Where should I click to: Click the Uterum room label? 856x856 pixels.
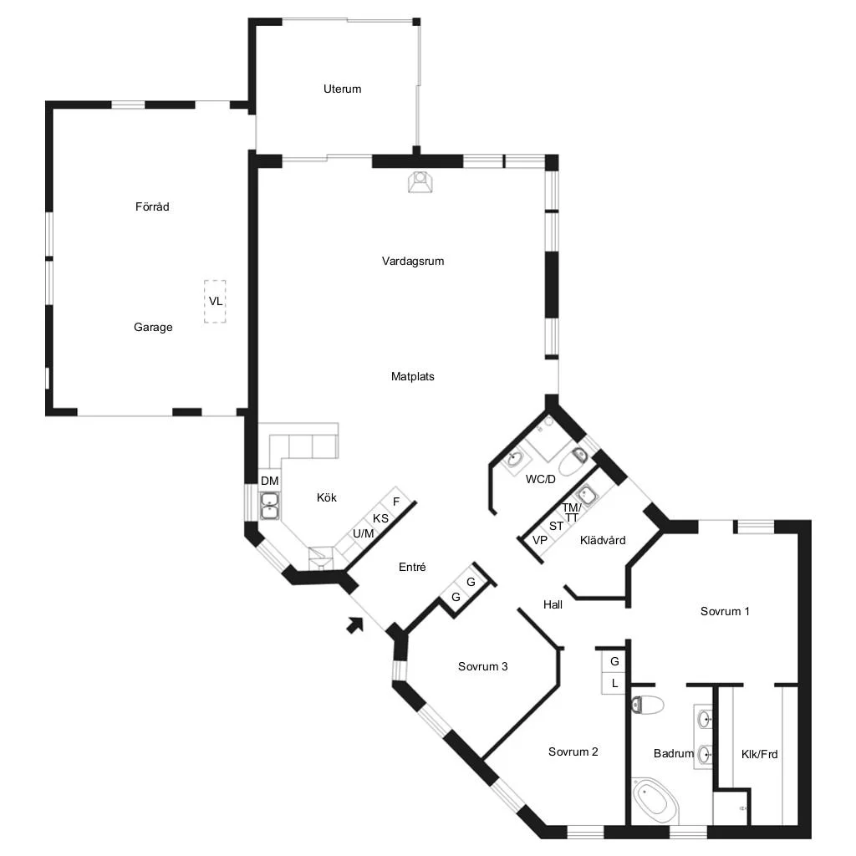coord(342,89)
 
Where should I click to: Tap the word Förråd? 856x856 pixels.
coord(152,207)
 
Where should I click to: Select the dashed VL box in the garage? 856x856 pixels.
coord(215,301)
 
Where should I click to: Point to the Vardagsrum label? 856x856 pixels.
coord(413,262)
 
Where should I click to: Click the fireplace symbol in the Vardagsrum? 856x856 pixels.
coord(420,181)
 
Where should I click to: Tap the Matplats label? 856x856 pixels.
coord(413,377)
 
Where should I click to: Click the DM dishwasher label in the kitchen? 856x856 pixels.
coord(270,481)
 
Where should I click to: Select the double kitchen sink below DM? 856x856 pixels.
coord(270,506)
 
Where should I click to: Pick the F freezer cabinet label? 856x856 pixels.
coord(396,502)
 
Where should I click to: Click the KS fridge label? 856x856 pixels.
coord(380,518)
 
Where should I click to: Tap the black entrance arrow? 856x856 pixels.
coord(355,624)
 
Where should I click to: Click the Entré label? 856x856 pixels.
coord(412,568)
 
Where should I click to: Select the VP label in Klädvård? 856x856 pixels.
coord(540,541)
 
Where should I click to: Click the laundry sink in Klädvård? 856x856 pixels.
coord(587,495)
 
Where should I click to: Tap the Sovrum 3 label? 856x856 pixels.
coord(482,666)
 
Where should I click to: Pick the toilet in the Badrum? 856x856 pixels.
coord(648,705)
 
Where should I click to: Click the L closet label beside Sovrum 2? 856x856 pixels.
coord(614,684)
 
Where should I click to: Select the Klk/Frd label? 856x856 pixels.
coord(759,755)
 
